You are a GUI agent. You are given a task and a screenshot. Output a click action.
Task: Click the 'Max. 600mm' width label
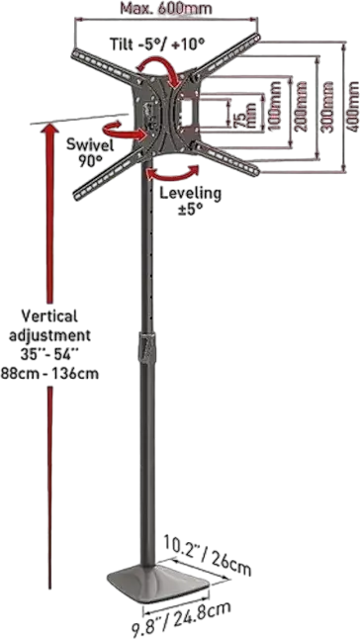[166, 9]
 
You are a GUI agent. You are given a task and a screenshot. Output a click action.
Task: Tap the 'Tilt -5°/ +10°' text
[157, 44]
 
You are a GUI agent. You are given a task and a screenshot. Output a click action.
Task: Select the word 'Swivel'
[90, 145]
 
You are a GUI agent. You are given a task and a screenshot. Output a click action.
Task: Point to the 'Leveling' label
[190, 192]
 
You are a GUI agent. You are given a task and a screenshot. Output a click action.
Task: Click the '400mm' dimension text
[352, 107]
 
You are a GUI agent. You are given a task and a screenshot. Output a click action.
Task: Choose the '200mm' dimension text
[300, 107]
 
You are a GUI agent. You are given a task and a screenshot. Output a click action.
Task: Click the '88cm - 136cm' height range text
[49, 373]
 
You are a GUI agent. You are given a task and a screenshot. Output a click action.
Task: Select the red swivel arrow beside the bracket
[125, 130]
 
